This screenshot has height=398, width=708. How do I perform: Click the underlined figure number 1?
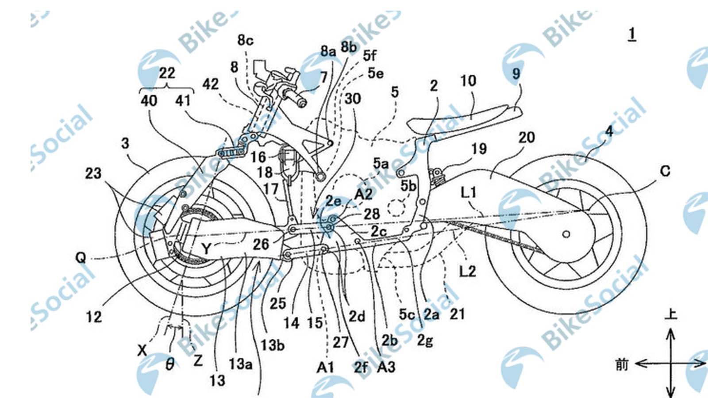(632, 34)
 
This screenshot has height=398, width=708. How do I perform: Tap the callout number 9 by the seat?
(516, 73)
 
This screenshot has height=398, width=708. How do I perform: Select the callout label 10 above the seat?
(468, 81)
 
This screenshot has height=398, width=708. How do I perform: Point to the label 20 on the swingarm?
(527, 138)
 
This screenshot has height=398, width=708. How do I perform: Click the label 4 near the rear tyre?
(609, 131)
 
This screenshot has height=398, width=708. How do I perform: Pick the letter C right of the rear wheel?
(665, 171)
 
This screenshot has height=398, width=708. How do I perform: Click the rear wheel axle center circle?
(566, 234)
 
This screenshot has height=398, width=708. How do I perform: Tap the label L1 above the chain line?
(469, 192)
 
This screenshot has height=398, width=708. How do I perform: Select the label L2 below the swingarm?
(467, 270)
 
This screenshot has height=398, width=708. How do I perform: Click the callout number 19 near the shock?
(479, 149)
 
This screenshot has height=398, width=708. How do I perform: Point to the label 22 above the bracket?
(167, 73)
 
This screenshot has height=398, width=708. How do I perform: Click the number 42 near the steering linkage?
(211, 84)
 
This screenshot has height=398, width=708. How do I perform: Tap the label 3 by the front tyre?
(126, 143)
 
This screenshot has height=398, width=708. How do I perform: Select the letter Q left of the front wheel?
(81, 257)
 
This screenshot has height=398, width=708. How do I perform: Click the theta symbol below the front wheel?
(170, 364)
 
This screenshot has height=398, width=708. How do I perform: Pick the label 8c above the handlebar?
(246, 41)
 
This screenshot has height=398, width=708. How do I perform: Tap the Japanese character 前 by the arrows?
(622, 364)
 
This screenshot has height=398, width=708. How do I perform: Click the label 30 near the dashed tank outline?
(353, 99)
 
